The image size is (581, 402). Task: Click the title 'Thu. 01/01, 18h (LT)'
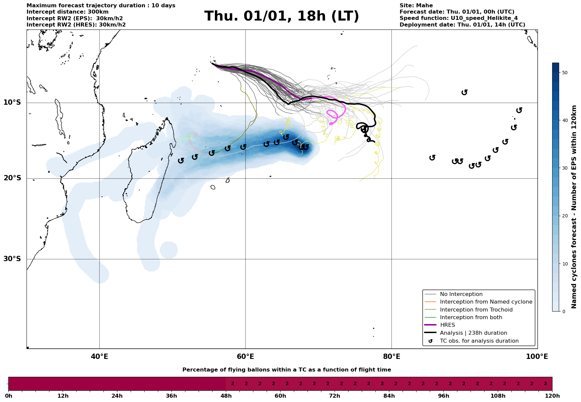(282, 16)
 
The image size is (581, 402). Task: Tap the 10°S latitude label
(12, 102)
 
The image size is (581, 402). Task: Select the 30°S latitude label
(12, 259)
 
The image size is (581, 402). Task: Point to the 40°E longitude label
(99, 357)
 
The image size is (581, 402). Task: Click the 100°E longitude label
(537, 357)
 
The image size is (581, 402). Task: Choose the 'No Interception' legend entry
(461, 294)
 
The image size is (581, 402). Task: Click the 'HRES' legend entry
(447, 325)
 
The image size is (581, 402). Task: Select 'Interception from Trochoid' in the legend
(476, 310)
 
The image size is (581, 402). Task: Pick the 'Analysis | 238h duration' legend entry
(473, 333)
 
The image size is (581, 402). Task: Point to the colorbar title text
(574, 207)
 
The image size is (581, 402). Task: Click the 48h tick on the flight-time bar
(226, 396)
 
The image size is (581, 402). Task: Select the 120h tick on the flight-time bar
(552, 396)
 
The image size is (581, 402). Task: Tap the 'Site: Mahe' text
(416, 6)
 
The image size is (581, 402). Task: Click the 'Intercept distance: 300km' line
(67, 12)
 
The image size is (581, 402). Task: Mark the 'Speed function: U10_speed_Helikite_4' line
(458, 18)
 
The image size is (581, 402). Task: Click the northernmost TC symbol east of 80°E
(464, 92)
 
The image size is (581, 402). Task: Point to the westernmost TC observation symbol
(181, 160)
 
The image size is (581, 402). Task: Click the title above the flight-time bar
(287, 370)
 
